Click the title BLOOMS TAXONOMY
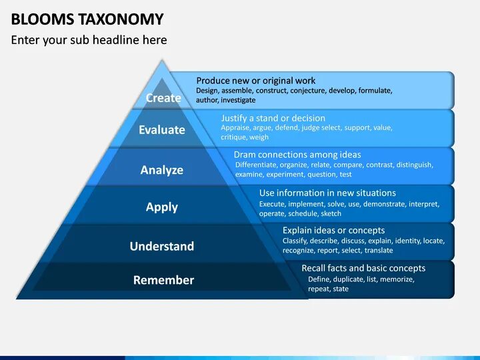point(87,18)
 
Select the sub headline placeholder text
point(89,40)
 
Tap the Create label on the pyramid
point(163,98)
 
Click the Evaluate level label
point(162,130)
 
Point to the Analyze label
point(162,170)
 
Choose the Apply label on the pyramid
point(162,207)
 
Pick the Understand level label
point(162,246)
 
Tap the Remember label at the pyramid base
point(163,280)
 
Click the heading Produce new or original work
point(256,81)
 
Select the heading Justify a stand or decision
point(273,118)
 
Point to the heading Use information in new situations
point(327,193)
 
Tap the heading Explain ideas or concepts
point(333,230)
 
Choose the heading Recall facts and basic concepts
point(363,268)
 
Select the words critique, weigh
point(245,137)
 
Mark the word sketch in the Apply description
point(331,214)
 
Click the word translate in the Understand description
point(379,251)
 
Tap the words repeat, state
point(328,289)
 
